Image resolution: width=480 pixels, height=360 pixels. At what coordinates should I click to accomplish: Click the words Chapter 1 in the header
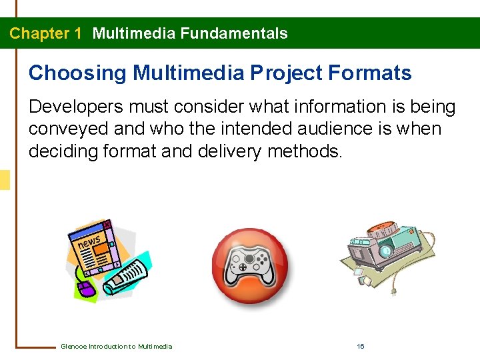coord(45,33)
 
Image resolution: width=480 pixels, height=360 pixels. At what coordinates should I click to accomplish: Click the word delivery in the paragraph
coord(230,151)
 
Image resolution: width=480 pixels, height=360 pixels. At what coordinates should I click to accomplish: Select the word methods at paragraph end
coord(304,151)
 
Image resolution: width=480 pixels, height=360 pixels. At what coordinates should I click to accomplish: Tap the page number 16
coord(361,346)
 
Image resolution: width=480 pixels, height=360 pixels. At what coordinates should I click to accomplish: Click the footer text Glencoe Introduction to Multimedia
coord(116,346)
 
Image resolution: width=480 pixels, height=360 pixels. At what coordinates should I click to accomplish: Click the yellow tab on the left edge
coord(5,180)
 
